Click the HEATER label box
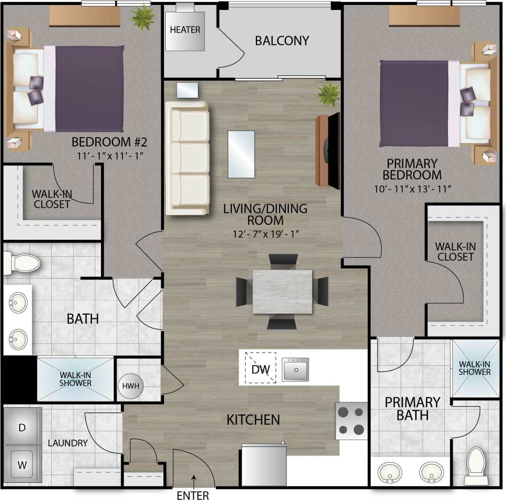(185, 30)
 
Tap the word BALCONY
(282, 41)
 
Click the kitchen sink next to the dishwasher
(295, 369)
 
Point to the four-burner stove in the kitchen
(351, 421)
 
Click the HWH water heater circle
(131, 386)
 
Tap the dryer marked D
(22, 427)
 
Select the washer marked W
(22, 465)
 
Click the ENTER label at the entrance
(193, 495)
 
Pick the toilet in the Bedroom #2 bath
(24, 263)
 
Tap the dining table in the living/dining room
(283, 291)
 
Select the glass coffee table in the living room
(241, 154)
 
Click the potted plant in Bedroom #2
(143, 17)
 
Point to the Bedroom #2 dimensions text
(110, 155)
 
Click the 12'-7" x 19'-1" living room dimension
(266, 234)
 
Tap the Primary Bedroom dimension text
(412, 189)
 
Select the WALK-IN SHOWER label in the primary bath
(474, 368)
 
